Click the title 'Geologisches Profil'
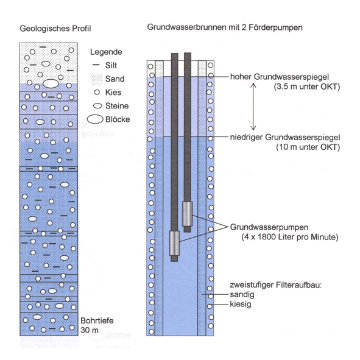click(x=55, y=29)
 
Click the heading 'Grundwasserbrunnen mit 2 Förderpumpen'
click(x=225, y=27)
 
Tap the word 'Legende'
click(x=106, y=52)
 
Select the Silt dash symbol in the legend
click(x=96, y=65)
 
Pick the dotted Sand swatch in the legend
click(x=97, y=79)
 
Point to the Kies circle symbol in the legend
click(x=97, y=93)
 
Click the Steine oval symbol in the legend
click(x=97, y=106)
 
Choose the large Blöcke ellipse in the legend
click(x=95, y=119)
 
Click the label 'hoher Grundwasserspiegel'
click(x=280, y=77)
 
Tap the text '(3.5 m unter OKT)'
click(x=307, y=86)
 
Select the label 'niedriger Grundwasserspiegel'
click(x=285, y=138)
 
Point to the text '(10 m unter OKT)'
click(x=308, y=147)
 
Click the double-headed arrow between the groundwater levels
click(x=253, y=107)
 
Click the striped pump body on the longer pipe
click(x=174, y=244)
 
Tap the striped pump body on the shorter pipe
click(x=188, y=214)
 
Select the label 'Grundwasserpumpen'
click(x=269, y=227)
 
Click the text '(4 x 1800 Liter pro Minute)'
click(x=290, y=237)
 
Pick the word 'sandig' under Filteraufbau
click(x=242, y=295)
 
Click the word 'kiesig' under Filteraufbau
click(x=241, y=304)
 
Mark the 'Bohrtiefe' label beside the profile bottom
click(x=97, y=320)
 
